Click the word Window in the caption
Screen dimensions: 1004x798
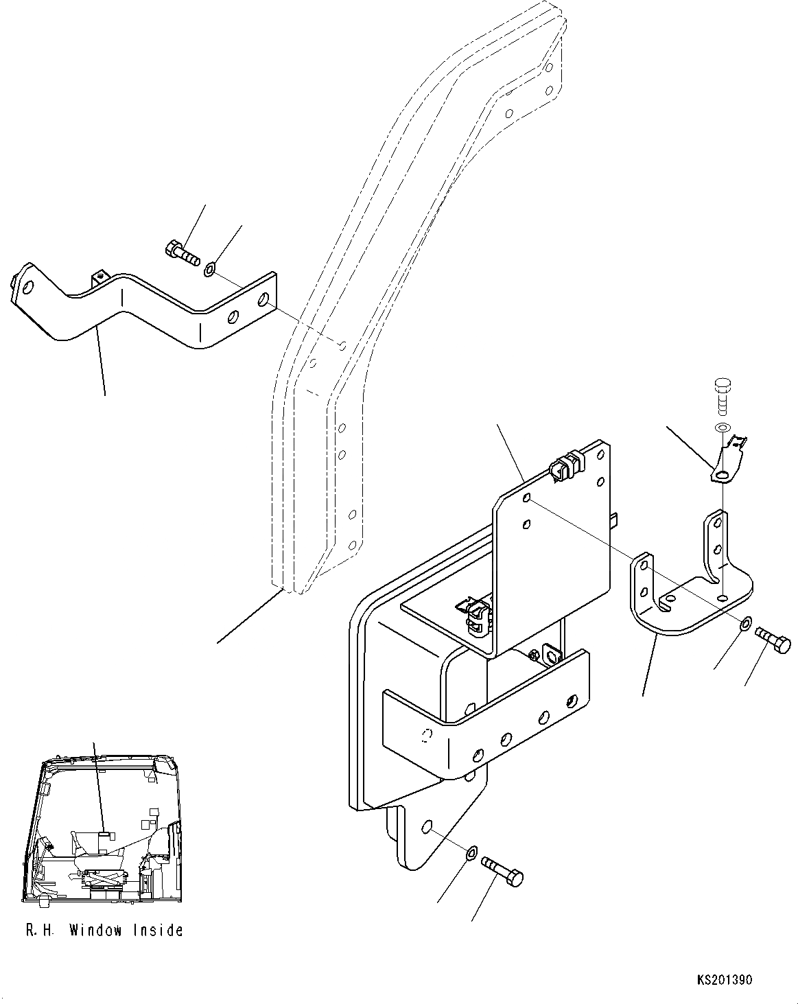pyautogui.click(x=95, y=931)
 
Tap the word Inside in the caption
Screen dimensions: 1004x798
pyautogui.click(x=159, y=931)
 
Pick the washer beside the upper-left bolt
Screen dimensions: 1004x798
pyautogui.click(x=210, y=270)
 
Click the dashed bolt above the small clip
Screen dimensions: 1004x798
pyautogui.click(x=720, y=396)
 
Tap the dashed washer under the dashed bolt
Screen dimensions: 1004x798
pyautogui.click(x=720, y=429)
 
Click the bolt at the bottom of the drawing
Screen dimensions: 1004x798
pyautogui.click(x=503, y=869)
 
